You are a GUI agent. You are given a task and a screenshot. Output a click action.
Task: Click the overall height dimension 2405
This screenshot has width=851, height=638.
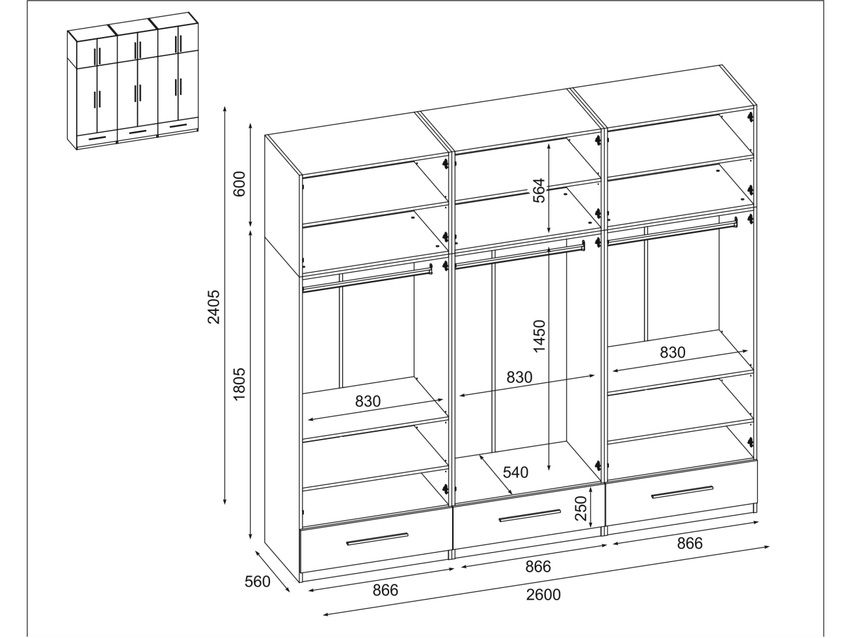click(x=213, y=307)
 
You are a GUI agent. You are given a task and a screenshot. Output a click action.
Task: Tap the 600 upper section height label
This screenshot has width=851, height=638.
click(x=239, y=184)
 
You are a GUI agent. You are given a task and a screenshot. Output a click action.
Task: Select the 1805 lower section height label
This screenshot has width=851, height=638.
click(x=239, y=384)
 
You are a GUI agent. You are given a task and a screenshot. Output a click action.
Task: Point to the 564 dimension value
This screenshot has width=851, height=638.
click(x=539, y=191)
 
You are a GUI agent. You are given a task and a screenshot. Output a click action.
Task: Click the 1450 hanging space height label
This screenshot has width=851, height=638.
click(x=539, y=336)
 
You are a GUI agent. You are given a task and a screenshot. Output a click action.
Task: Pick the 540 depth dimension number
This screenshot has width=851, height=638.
click(x=516, y=472)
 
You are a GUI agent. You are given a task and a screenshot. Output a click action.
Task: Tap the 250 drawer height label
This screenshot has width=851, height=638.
click(x=581, y=508)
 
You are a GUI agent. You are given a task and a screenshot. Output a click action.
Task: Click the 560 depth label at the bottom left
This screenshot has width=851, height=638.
click(x=258, y=581)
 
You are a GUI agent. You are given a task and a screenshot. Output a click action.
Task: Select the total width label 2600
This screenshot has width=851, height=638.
click(x=543, y=594)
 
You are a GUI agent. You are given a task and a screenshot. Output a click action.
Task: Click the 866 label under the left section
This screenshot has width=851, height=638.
click(x=385, y=590)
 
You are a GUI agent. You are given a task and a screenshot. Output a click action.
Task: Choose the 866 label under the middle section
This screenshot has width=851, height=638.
click(x=538, y=566)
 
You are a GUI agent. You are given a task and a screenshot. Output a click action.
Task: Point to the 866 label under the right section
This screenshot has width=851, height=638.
click(x=690, y=544)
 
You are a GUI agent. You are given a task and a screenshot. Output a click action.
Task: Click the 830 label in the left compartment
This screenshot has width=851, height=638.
click(x=368, y=401)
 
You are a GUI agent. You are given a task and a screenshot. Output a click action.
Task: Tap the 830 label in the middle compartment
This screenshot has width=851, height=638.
click(x=520, y=377)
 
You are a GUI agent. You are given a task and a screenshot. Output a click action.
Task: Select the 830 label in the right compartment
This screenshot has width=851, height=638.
click(x=673, y=352)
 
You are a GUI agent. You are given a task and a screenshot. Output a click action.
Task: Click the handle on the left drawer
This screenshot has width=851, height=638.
click(x=377, y=539)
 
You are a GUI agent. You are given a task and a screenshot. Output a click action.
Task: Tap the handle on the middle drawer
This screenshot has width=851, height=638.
click(x=530, y=516)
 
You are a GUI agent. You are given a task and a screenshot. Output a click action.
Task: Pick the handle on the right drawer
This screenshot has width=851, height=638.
click(x=682, y=492)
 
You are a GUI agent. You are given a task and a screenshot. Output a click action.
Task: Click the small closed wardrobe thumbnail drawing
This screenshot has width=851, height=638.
click(x=133, y=81)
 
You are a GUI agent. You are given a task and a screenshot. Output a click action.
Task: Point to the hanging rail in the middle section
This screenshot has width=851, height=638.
click(x=520, y=254)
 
